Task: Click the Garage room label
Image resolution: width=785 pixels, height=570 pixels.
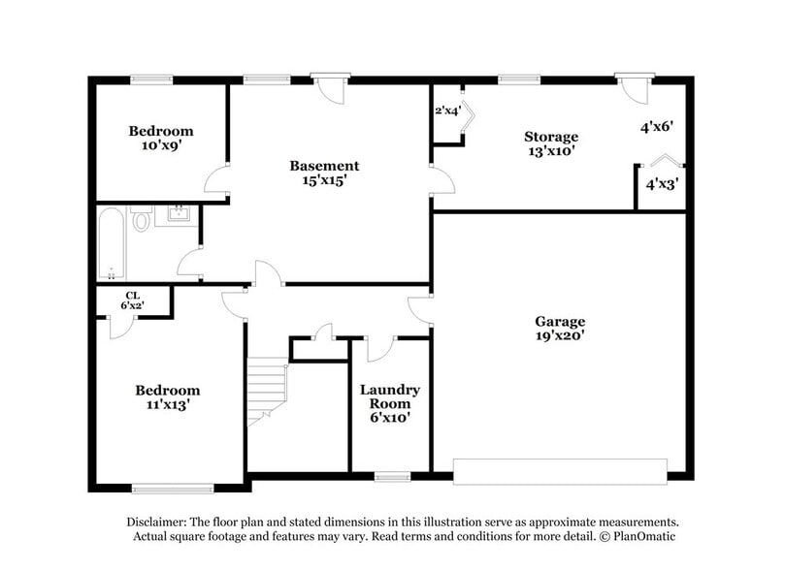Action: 560,321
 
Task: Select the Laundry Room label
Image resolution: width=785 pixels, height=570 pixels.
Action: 391,396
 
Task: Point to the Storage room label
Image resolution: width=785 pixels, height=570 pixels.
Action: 551,137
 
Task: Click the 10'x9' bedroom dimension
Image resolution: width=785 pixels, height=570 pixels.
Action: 162,145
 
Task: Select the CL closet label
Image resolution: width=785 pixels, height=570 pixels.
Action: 132,296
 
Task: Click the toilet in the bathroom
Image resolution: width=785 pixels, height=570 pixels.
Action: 142,221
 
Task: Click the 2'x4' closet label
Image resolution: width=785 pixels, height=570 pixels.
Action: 447,111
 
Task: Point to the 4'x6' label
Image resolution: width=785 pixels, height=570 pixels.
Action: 656,126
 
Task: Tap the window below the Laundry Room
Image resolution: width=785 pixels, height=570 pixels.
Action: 391,476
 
